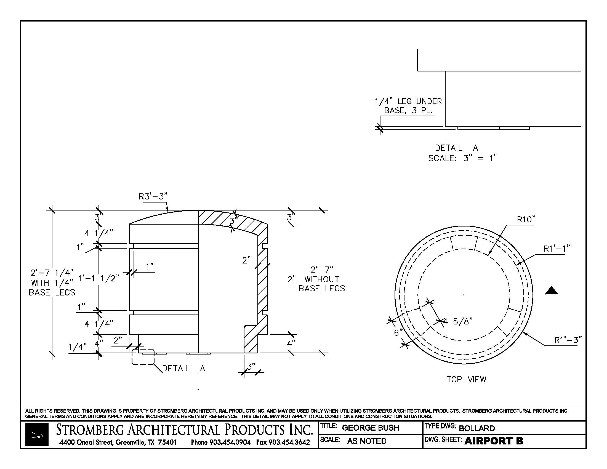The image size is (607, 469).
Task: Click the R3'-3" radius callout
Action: click(x=153, y=197)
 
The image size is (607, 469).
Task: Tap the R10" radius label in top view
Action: click(x=526, y=220)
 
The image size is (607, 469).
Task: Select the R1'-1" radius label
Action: click(x=557, y=249)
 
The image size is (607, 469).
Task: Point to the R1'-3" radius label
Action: click(x=568, y=340)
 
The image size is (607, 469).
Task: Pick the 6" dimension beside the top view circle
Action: click(x=398, y=333)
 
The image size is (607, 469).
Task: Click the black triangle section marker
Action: click(x=552, y=291)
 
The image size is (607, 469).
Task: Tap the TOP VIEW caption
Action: click(x=466, y=380)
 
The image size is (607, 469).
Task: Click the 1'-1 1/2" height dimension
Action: click(x=99, y=278)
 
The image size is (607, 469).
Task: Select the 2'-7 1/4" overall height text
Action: click(x=52, y=272)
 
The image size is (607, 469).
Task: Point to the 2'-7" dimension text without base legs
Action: click(x=322, y=270)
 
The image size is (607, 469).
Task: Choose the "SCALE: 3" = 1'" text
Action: click(x=462, y=158)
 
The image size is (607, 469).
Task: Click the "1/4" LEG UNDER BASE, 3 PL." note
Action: click(x=408, y=106)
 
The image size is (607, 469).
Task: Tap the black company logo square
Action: click(x=37, y=435)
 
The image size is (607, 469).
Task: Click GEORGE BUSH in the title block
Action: click(x=370, y=428)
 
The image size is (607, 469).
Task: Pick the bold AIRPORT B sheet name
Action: click(x=494, y=441)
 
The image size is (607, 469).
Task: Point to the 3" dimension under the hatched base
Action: click(x=251, y=367)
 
